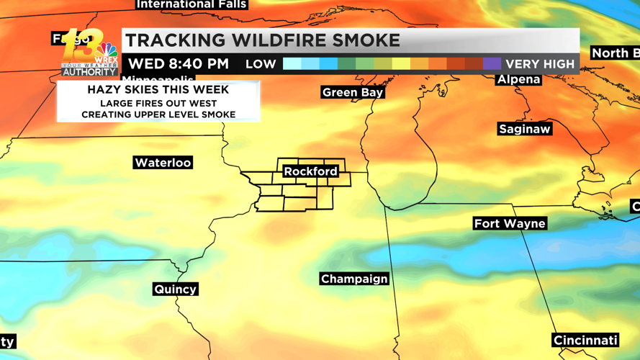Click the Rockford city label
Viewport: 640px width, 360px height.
pos(310,171)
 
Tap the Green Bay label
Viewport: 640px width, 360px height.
pos(353,92)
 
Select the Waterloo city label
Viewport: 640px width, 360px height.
pos(163,163)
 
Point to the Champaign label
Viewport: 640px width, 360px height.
pos(354,279)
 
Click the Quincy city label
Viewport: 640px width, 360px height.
pos(176,289)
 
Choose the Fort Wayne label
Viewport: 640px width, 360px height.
pos(510,223)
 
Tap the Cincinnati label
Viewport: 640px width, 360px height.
pos(585,340)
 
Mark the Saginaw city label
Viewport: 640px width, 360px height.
pos(525,129)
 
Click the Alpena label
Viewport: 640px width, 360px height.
pos(518,79)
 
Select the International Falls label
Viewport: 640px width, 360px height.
pos(191,4)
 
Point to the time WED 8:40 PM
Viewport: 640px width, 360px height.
pos(179,64)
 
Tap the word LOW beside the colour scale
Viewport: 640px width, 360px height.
pos(261,64)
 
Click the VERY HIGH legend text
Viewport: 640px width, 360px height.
pos(540,64)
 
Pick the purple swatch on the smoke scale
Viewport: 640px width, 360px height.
pos(492,64)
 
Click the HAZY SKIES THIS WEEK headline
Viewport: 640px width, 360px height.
pos(158,90)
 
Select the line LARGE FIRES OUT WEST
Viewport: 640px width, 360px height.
pos(158,103)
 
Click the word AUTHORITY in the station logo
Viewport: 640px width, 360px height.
pos(89,72)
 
